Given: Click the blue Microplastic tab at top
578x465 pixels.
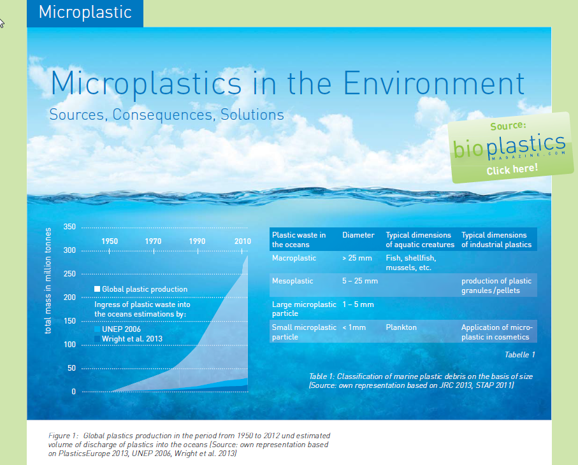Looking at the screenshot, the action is click(85, 13).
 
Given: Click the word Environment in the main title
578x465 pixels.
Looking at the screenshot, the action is click(434, 83).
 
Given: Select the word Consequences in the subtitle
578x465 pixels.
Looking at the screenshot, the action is click(163, 115).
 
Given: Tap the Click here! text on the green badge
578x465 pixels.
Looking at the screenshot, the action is click(512, 169).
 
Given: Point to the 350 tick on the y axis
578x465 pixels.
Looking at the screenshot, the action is click(69, 227).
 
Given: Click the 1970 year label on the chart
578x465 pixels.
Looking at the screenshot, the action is click(153, 241).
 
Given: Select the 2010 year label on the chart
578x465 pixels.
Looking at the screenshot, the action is click(243, 241).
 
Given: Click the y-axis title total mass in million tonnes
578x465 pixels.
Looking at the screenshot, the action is click(48, 281).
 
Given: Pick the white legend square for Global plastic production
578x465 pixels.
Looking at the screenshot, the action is click(98, 289).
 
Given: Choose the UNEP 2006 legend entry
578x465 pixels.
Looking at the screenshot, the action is click(118, 329).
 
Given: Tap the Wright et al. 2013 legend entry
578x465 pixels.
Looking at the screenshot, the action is click(128, 339).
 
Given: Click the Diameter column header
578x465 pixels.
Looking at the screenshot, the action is click(358, 235).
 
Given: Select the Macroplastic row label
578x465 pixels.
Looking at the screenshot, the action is click(294, 258).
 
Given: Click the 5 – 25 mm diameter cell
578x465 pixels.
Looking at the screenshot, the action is click(360, 281).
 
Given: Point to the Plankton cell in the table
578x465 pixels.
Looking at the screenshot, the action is click(401, 327).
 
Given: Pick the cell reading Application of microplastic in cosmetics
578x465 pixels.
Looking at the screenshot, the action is click(497, 332).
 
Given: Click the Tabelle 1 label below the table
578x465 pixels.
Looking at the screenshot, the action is click(520, 354).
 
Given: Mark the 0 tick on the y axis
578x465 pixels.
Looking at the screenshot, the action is click(74, 392).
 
